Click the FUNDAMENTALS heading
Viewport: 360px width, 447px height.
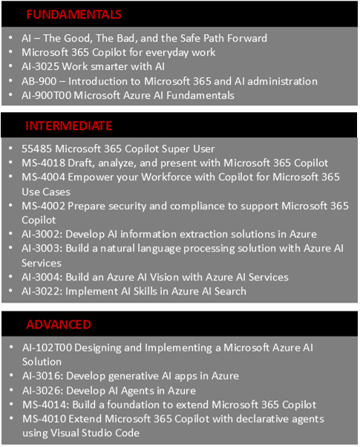[x=73, y=14]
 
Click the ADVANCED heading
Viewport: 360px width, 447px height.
[x=59, y=324]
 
